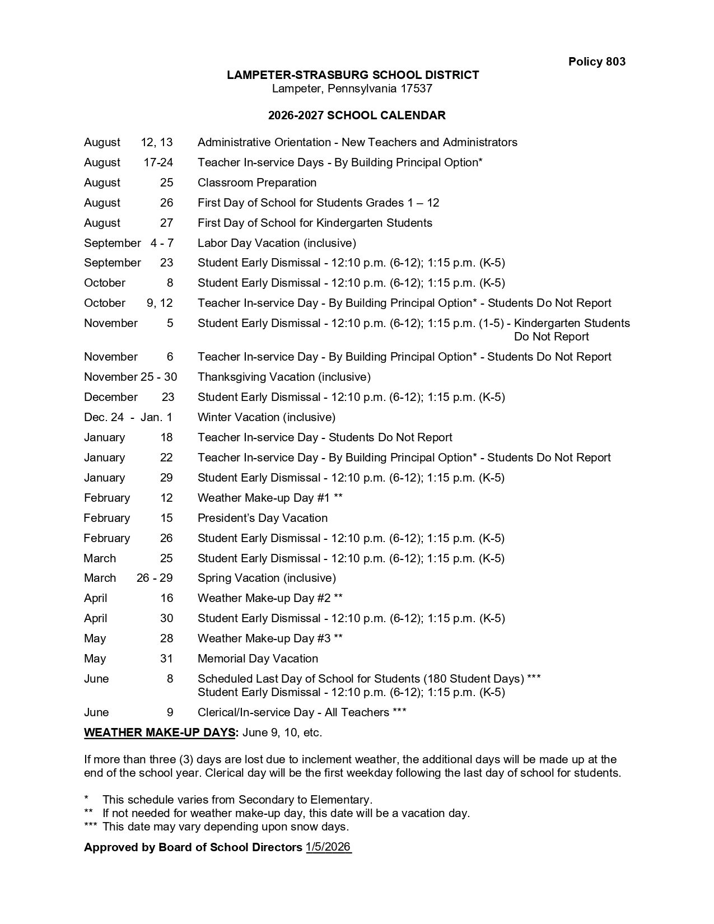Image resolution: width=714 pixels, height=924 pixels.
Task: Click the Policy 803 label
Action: [x=596, y=62]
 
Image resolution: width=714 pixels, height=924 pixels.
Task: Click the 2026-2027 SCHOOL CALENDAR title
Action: [x=357, y=115]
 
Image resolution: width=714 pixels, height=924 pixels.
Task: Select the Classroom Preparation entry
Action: [x=257, y=183]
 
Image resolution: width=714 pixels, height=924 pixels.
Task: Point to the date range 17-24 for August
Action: [x=158, y=162]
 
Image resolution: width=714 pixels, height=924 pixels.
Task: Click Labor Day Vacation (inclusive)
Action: [x=277, y=243]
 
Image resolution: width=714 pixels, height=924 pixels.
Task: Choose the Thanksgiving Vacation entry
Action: [x=284, y=377]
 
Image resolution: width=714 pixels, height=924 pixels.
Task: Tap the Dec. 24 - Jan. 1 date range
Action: [x=128, y=417]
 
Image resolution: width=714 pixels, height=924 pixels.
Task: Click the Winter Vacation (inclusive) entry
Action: [x=267, y=417]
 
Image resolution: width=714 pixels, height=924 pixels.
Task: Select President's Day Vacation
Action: [x=263, y=518]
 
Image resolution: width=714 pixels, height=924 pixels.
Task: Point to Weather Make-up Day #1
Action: [x=270, y=498]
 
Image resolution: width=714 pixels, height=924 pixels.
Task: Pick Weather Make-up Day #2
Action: [x=270, y=598]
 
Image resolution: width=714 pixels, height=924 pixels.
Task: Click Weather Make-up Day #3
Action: [x=270, y=638]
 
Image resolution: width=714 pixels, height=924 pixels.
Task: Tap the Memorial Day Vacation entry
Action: [x=258, y=659]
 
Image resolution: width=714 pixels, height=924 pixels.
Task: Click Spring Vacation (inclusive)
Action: [x=267, y=578]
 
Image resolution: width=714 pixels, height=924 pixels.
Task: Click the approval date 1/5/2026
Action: [x=328, y=847]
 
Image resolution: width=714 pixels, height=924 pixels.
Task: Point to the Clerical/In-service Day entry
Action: [x=301, y=712]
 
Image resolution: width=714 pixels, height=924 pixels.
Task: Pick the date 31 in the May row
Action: [x=166, y=659]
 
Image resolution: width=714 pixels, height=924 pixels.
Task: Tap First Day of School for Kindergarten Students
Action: [x=315, y=223]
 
